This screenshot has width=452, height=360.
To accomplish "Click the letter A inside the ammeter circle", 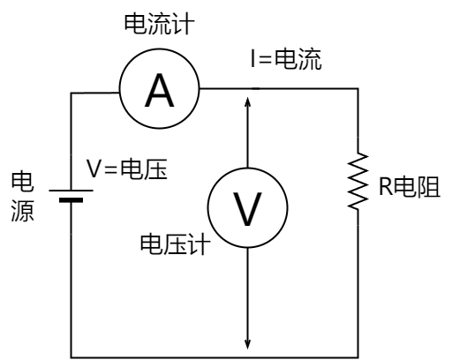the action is point(159,90).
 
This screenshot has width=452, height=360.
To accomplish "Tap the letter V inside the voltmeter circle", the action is point(247,209).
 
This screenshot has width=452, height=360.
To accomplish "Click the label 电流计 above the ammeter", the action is point(159,24).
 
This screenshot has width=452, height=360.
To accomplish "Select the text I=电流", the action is point(286,59).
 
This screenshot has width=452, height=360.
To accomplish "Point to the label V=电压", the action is point(127,169).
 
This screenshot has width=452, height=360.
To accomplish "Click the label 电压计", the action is point(176,244).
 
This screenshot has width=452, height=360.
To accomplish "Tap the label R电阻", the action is point(410,186).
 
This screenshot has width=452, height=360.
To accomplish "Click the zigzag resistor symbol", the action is point(358,181).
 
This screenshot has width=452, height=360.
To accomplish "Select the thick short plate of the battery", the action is point(71,200).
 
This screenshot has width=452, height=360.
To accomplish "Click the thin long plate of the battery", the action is point(71,191).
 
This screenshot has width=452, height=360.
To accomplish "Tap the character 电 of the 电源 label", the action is point(23,182).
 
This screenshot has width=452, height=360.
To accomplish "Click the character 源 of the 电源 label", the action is point(23,211).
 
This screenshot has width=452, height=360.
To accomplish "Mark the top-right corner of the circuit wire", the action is point(358,88).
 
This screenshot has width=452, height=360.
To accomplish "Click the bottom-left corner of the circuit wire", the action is point(71,357).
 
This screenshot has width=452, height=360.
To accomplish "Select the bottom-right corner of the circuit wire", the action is point(358,357).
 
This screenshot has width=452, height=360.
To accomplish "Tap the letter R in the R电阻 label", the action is point(386,186).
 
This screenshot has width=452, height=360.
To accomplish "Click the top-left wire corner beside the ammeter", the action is point(71,93).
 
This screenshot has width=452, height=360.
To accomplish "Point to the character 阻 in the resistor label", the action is point(429,186).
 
